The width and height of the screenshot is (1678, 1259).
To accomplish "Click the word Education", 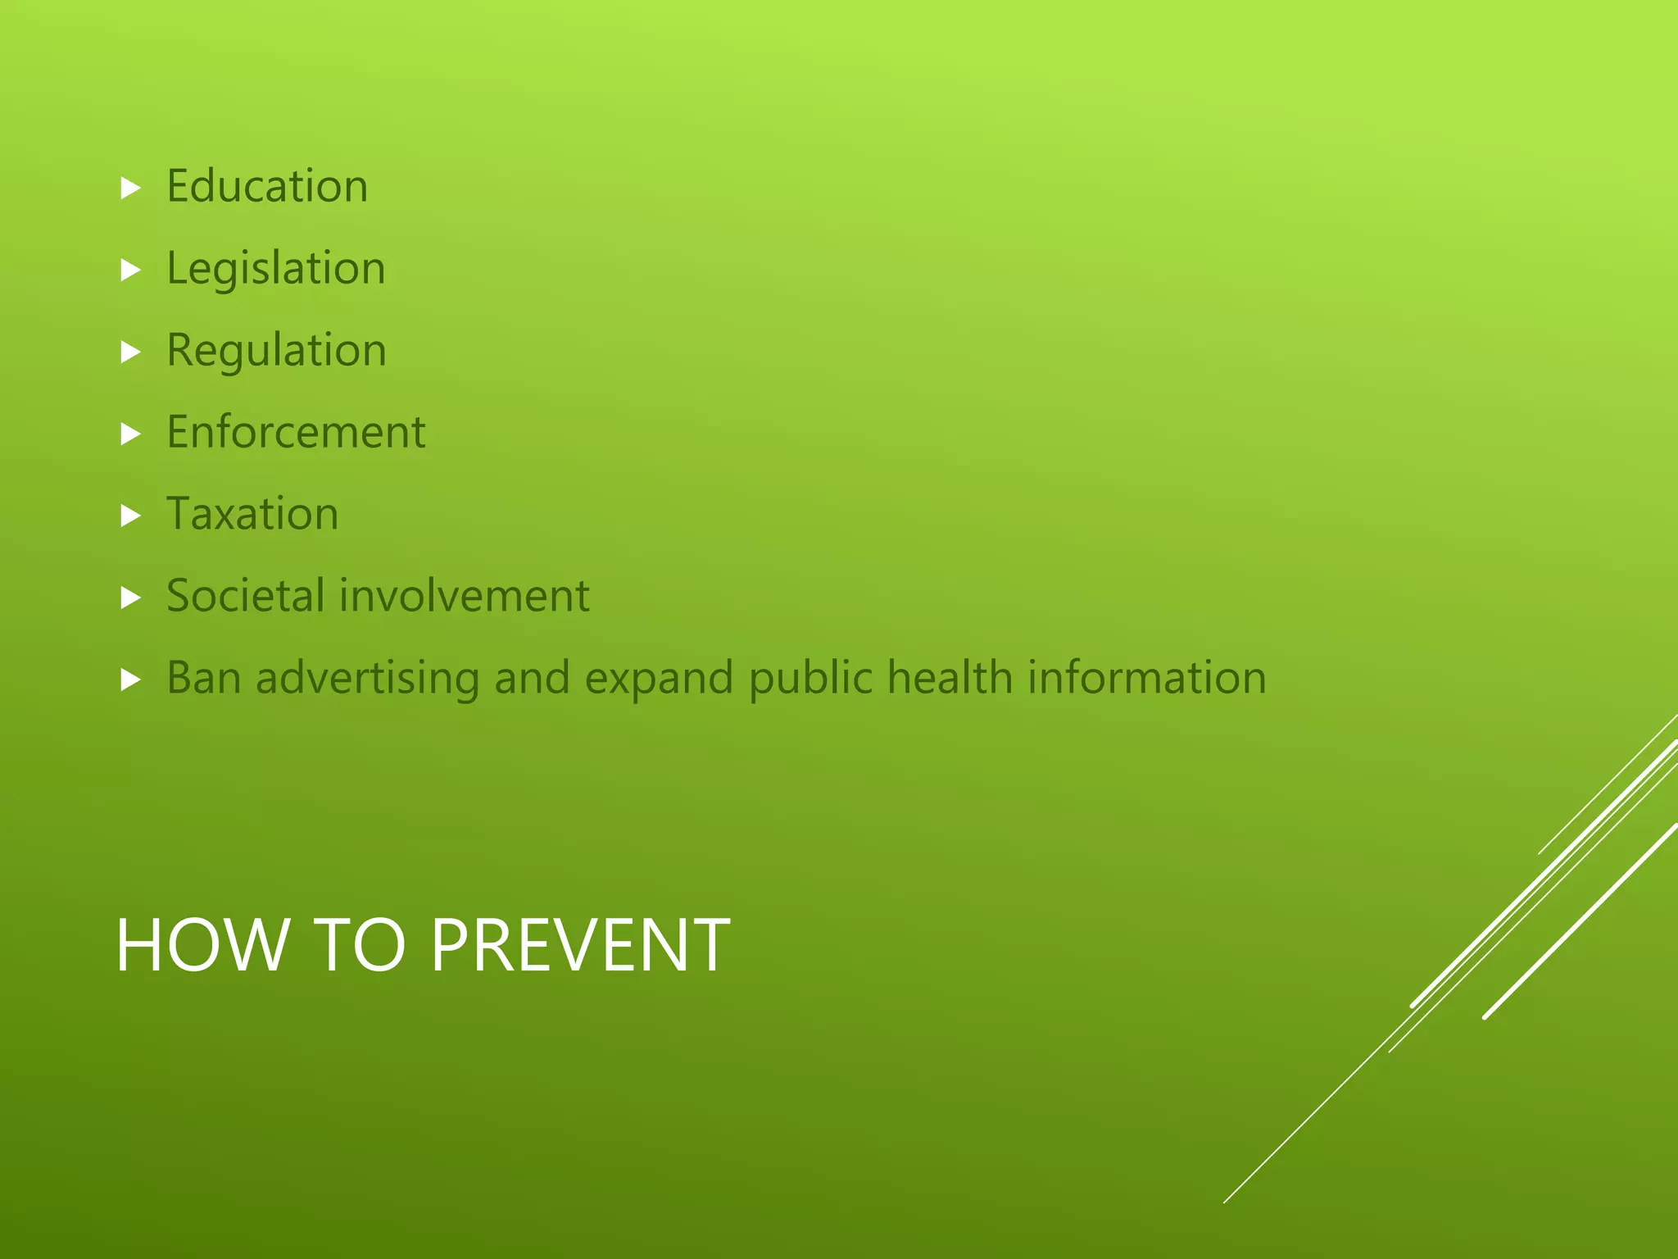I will pos(267,186).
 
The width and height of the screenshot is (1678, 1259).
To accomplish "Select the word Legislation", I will pos(275,269).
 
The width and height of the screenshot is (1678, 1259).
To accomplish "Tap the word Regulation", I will pos(276,351).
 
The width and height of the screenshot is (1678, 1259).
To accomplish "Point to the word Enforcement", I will pos(296,432).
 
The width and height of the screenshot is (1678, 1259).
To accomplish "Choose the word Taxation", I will pos(252,514).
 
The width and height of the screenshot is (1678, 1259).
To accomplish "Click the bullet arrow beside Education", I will pos(131,189).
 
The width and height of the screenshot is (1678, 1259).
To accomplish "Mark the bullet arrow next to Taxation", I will pos(131,516).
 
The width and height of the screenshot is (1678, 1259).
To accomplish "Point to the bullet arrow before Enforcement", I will pos(131,434).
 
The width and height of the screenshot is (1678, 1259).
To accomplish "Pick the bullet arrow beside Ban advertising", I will pos(131,679).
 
